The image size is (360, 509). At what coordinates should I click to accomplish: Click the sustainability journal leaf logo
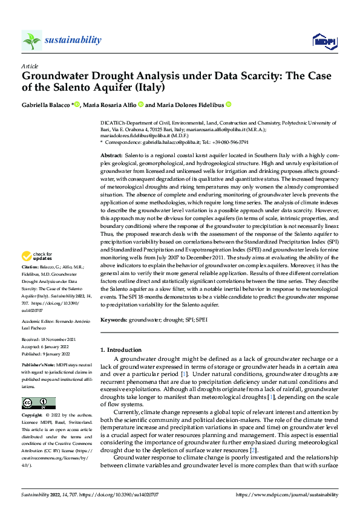[x=31, y=41]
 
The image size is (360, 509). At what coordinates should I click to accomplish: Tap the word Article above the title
[x=30, y=66]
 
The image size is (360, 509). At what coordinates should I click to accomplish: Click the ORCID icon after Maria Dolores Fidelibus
[x=229, y=105]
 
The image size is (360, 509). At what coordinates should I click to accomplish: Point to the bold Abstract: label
[x=111, y=156]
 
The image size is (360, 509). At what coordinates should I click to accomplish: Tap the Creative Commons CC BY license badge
[x=38, y=403]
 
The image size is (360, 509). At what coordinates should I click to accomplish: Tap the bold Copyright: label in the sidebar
[x=33, y=415]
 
